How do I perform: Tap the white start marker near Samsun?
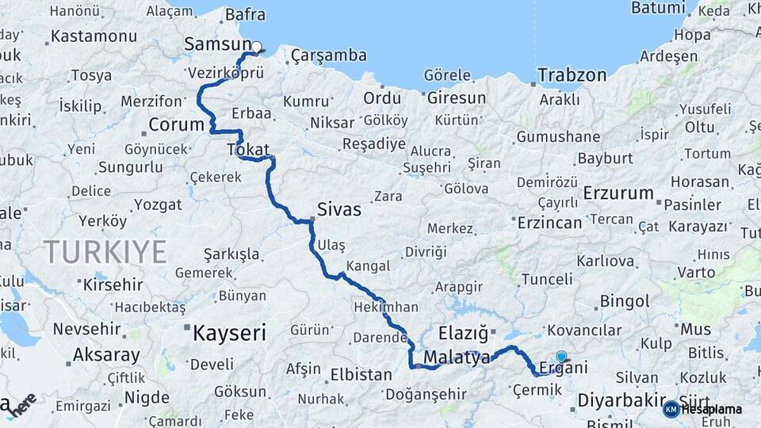(x=256, y=47)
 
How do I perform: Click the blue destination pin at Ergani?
(x=561, y=357)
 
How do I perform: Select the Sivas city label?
(x=338, y=210)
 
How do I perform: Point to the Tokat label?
(x=248, y=150)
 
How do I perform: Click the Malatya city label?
(x=457, y=357)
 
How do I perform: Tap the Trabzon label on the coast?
(x=572, y=76)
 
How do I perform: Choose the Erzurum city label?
(x=618, y=193)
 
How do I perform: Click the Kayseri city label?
(x=229, y=333)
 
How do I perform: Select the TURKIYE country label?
(x=105, y=252)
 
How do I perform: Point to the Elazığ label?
(x=464, y=333)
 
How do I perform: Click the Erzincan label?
(x=549, y=223)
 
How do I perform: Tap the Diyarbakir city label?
(x=621, y=400)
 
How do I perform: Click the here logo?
(x=21, y=405)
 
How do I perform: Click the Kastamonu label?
(x=94, y=36)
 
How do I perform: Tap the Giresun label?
(x=456, y=98)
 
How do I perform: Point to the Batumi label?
(x=658, y=8)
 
